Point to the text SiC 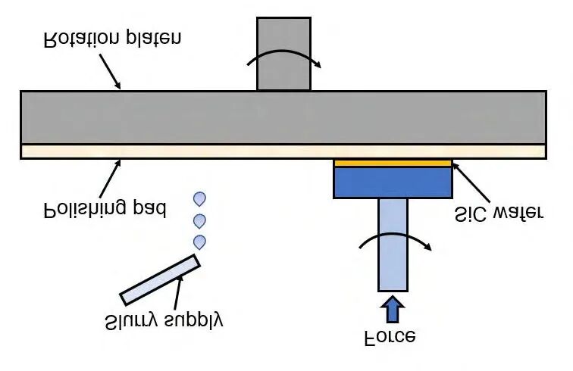coord(471,214)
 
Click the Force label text coord(390,338)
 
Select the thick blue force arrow coord(393,309)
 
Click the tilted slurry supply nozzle coord(160,279)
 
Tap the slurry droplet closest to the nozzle coord(199,242)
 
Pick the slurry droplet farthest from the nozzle coord(199,199)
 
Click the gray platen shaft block coord(284,54)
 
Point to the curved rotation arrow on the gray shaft coord(284,54)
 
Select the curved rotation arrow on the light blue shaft coord(395,237)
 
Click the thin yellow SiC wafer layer coord(393,164)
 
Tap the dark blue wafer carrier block coord(393,182)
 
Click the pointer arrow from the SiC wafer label coord(471,182)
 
